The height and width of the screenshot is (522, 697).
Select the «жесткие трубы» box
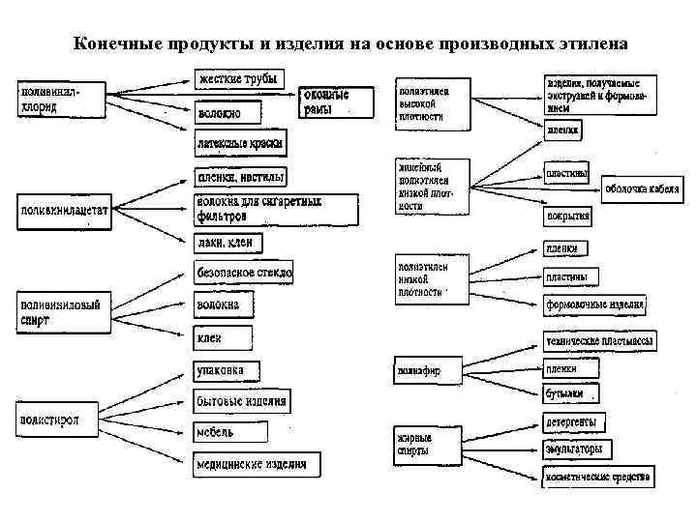click(x=239, y=78)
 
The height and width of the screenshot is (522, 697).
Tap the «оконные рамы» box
click(x=335, y=102)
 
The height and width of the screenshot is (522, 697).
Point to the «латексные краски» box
click(x=240, y=143)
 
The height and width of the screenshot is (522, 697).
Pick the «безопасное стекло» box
click(x=244, y=273)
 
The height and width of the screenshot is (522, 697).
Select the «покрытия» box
click(x=567, y=215)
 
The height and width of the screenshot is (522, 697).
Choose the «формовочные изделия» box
click(x=594, y=305)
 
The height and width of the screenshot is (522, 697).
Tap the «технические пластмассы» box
click(x=598, y=341)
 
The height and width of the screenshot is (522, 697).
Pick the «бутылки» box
click(x=569, y=393)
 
